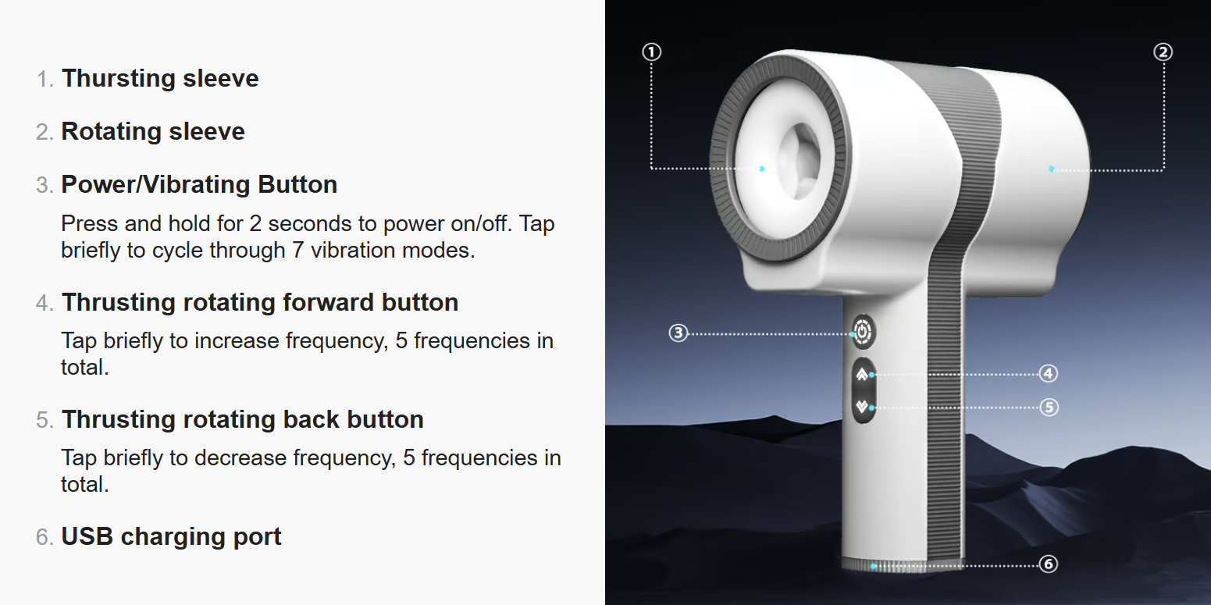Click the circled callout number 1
pyautogui.click(x=651, y=52)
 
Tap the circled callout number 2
pyautogui.click(x=1163, y=52)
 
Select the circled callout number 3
pyautogui.click(x=679, y=333)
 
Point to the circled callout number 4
pyautogui.click(x=1049, y=373)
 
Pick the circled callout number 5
pyautogui.click(x=1049, y=407)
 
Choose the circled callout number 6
pyautogui.click(x=1049, y=564)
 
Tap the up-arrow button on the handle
pyautogui.click(x=862, y=374)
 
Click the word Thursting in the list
pyautogui.click(x=119, y=79)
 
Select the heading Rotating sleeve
pyautogui.click(x=153, y=131)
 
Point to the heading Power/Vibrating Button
pyautogui.click(x=199, y=184)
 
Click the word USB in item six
pyautogui.click(x=87, y=536)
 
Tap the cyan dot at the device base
pyautogui.click(x=874, y=566)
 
